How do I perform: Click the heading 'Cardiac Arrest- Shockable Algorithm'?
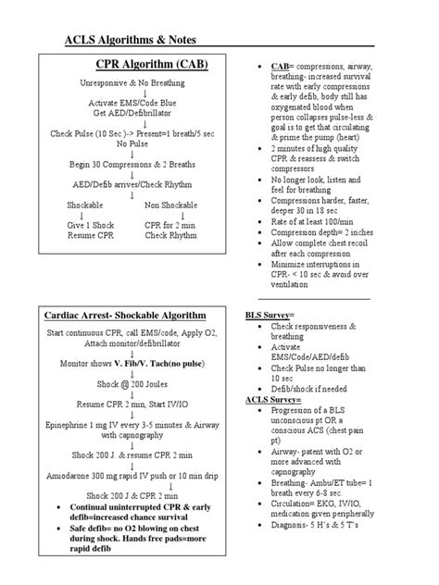[129, 316]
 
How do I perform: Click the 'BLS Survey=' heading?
[270, 316]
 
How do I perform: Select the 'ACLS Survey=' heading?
[272, 399]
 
